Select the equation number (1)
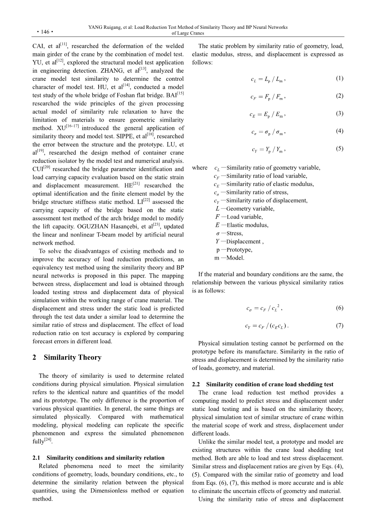click(339, 78)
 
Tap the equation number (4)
click(339, 131)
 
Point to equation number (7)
click(339, 325)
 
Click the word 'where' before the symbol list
click(199, 168)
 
